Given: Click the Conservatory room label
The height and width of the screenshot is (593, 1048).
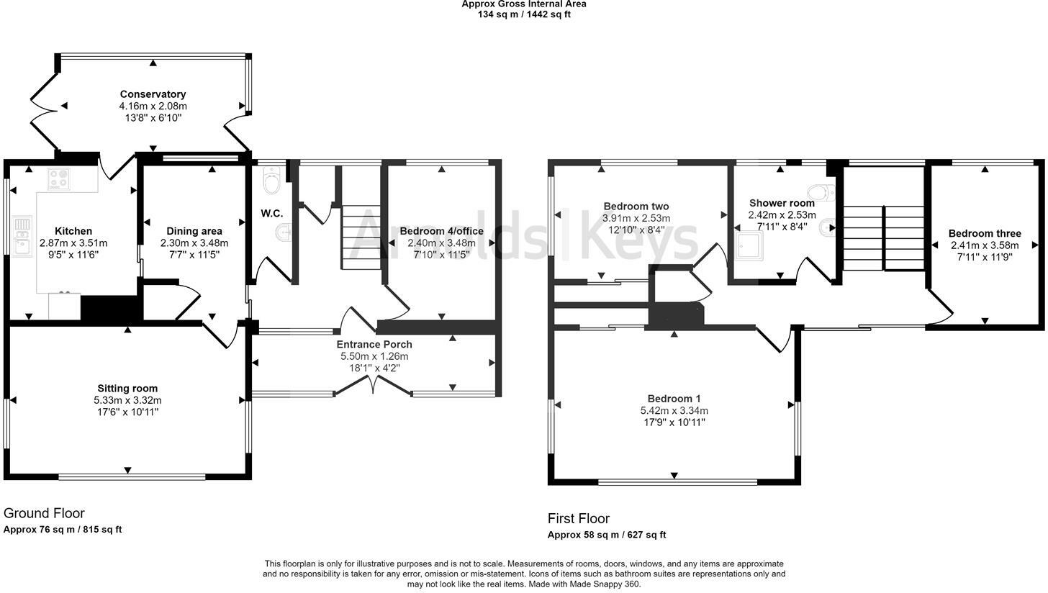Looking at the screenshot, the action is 153,94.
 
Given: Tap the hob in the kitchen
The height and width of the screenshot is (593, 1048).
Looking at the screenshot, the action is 58,178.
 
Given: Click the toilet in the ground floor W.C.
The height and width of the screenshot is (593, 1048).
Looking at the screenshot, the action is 271,181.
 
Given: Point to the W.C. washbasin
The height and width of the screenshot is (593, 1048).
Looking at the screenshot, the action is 284,232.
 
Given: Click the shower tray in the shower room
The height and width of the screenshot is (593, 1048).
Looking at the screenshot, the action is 749,245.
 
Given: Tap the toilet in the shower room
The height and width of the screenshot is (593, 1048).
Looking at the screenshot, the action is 821,192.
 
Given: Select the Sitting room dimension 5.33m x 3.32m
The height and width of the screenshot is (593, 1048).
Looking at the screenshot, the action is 127,400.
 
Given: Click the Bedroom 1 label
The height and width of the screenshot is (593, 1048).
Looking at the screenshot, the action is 674,399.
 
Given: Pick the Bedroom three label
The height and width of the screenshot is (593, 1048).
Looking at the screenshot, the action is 985,233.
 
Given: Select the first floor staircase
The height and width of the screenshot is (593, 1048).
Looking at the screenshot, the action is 884,238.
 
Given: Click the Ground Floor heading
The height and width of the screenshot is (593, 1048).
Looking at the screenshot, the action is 44,513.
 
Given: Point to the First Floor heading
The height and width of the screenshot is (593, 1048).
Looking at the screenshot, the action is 578,518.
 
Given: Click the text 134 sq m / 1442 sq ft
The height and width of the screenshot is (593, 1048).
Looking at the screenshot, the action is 524,14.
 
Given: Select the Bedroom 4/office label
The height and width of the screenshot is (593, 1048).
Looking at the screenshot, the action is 441,231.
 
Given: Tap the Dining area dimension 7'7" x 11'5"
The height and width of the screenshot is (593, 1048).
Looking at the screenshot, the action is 194,255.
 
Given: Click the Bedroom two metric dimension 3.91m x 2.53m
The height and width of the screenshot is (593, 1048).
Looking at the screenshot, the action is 636,218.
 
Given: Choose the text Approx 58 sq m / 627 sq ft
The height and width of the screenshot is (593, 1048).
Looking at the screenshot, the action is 607,535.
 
